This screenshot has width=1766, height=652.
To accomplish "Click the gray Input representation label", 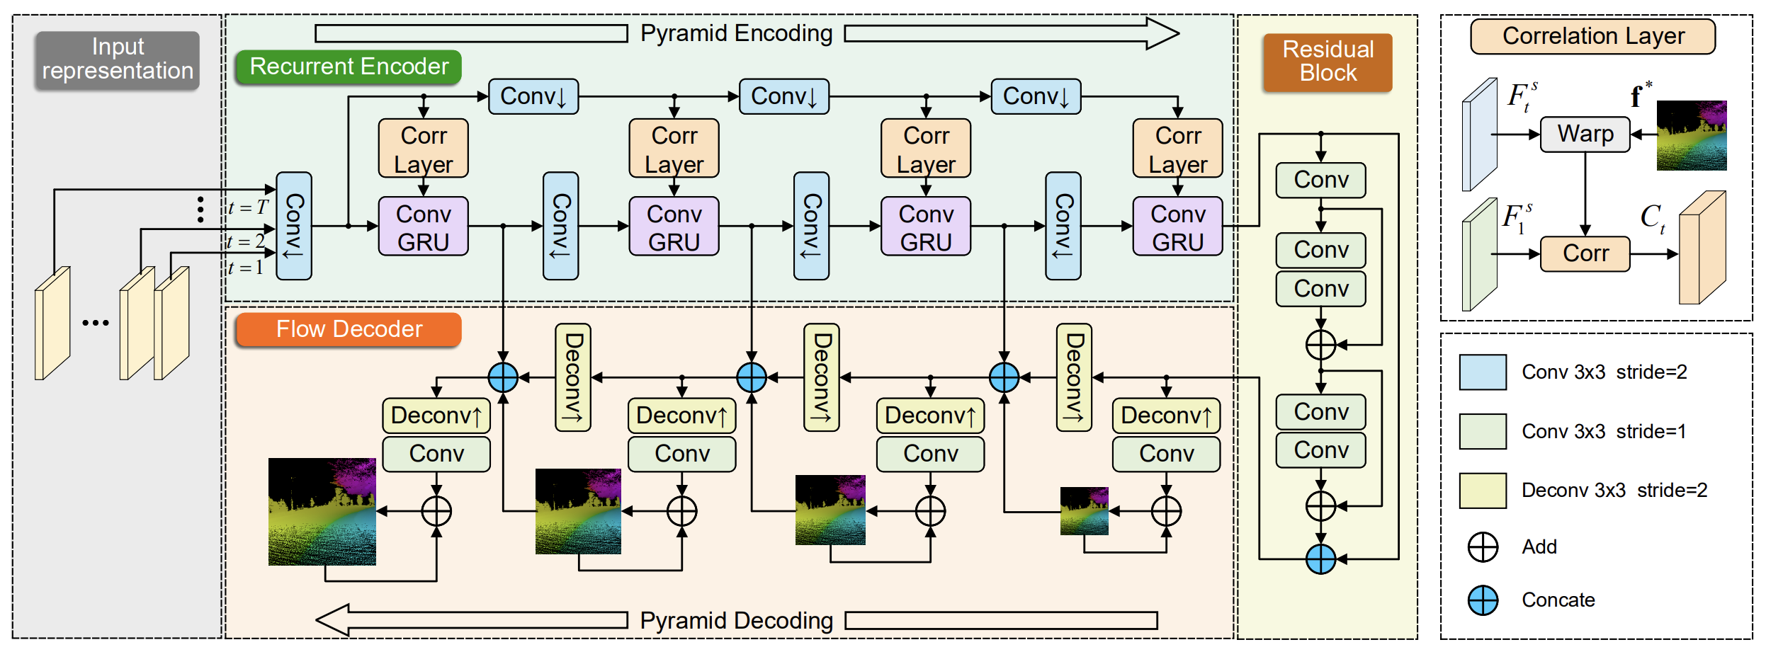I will click(x=118, y=59).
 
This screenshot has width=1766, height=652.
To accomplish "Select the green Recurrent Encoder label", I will click(x=349, y=67).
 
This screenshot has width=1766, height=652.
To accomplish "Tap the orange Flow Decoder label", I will click(x=349, y=329).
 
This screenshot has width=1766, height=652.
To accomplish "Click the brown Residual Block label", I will click(x=1328, y=62).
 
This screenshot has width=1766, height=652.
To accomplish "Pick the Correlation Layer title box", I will click(x=1592, y=36).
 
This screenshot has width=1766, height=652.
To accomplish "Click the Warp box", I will click(x=1585, y=134).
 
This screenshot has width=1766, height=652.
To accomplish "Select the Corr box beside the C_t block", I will click(x=1585, y=253).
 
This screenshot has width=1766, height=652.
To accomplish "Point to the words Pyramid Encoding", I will click(x=736, y=33).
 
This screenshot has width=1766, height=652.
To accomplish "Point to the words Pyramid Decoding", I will click(x=736, y=620).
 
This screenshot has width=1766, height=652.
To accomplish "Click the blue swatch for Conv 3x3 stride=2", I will click(x=1483, y=372).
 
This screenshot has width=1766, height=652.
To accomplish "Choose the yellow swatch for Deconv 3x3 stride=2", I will click(x=1483, y=491).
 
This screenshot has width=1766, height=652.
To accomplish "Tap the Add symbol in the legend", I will click(x=1483, y=547).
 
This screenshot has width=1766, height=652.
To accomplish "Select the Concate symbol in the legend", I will click(x=1483, y=600).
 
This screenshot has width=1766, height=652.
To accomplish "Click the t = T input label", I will click(x=249, y=207).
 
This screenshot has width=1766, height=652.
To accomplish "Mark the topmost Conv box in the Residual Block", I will click(x=1320, y=180).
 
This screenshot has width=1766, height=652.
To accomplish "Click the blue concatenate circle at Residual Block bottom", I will click(x=1320, y=559).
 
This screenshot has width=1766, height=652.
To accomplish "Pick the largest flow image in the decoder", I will click(x=322, y=511).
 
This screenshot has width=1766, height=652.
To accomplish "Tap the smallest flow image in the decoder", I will click(x=1084, y=510).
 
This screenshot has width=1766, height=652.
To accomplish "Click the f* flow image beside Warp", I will click(x=1691, y=135).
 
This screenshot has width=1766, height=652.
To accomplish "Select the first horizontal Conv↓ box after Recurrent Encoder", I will click(x=533, y=96).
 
